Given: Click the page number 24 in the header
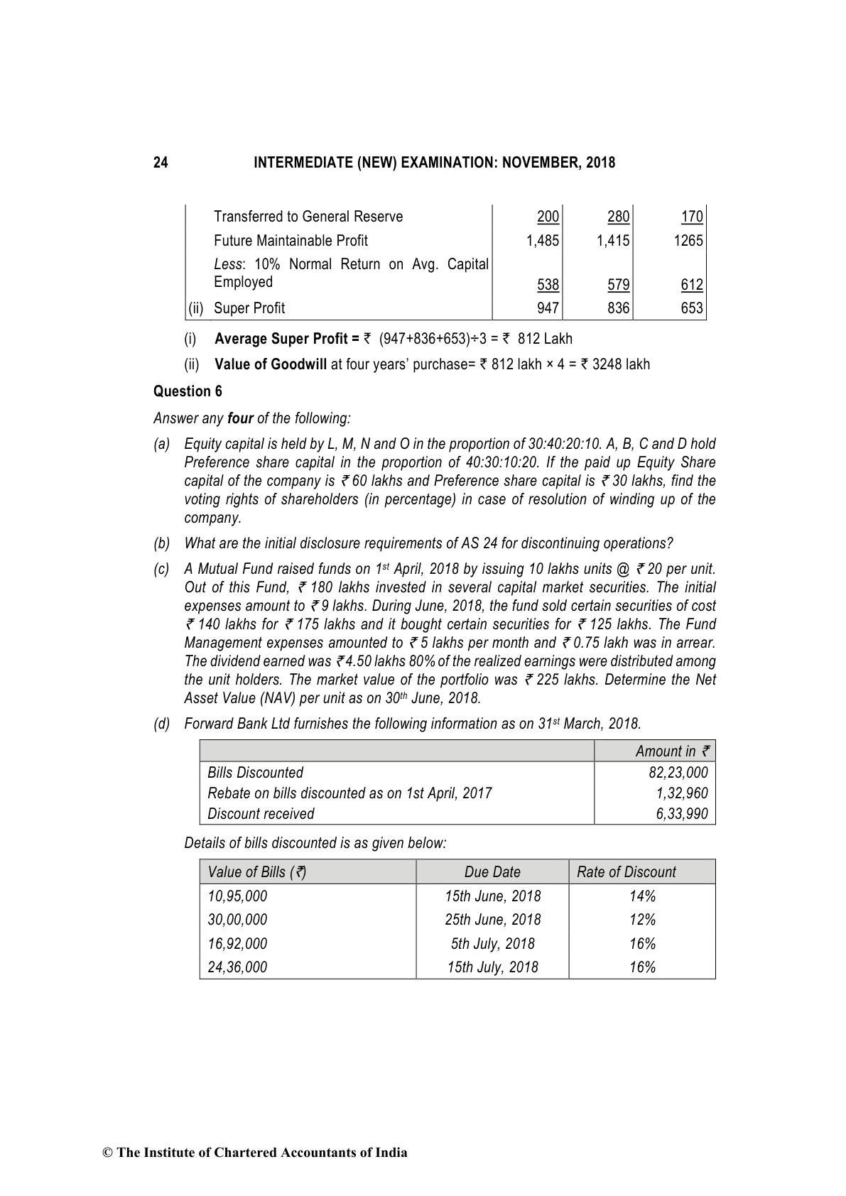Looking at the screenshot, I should point(161,163).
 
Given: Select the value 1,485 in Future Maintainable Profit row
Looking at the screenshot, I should point(543,241).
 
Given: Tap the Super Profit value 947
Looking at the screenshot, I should point(548,308).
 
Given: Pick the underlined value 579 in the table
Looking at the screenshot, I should point(619,286).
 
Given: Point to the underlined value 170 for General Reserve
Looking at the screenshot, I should point(691,217).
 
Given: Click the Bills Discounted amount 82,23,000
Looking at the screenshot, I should point(678,773).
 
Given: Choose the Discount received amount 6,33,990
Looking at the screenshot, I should point(682,814).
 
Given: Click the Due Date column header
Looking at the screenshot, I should point(492,872).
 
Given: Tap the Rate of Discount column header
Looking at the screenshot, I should point(626,872).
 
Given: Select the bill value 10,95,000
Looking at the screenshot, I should point(237,896).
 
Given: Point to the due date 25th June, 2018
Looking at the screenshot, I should point(492,920).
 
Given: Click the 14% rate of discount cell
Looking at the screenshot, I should point(642,896).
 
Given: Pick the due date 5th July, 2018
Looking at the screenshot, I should point(492,944).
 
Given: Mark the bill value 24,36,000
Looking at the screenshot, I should point(237,967).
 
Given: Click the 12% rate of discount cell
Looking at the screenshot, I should point(642,920).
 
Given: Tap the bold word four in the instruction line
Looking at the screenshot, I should point(240,418).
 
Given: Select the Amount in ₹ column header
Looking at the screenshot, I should point(672,751).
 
